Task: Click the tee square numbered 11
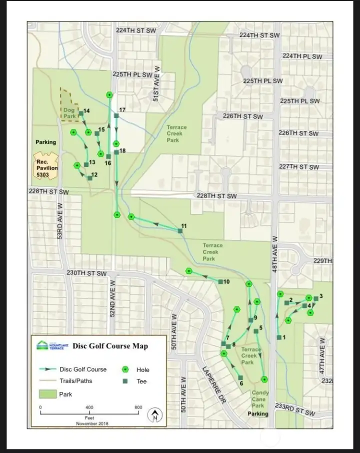(x=180, y=230)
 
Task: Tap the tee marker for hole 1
(x=278, y=337)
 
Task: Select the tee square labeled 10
(x=220, y=282)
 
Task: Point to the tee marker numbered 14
(x=81, y=113)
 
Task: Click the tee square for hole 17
(x=116, y=116)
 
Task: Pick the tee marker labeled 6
(x=240, y=377)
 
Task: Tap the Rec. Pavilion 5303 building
(x=46, y=165)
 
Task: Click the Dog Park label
(x=69, y=113)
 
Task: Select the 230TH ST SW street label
(x=86, y=273)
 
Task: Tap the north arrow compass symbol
(x=155, y=415)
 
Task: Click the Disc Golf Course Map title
(x=110, y=346)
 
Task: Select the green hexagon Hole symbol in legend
(x=125, y=369)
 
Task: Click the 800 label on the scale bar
(x=138, y=407)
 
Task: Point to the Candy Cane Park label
(x=259, y=399)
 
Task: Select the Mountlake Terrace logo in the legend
(x=49, y=345)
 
